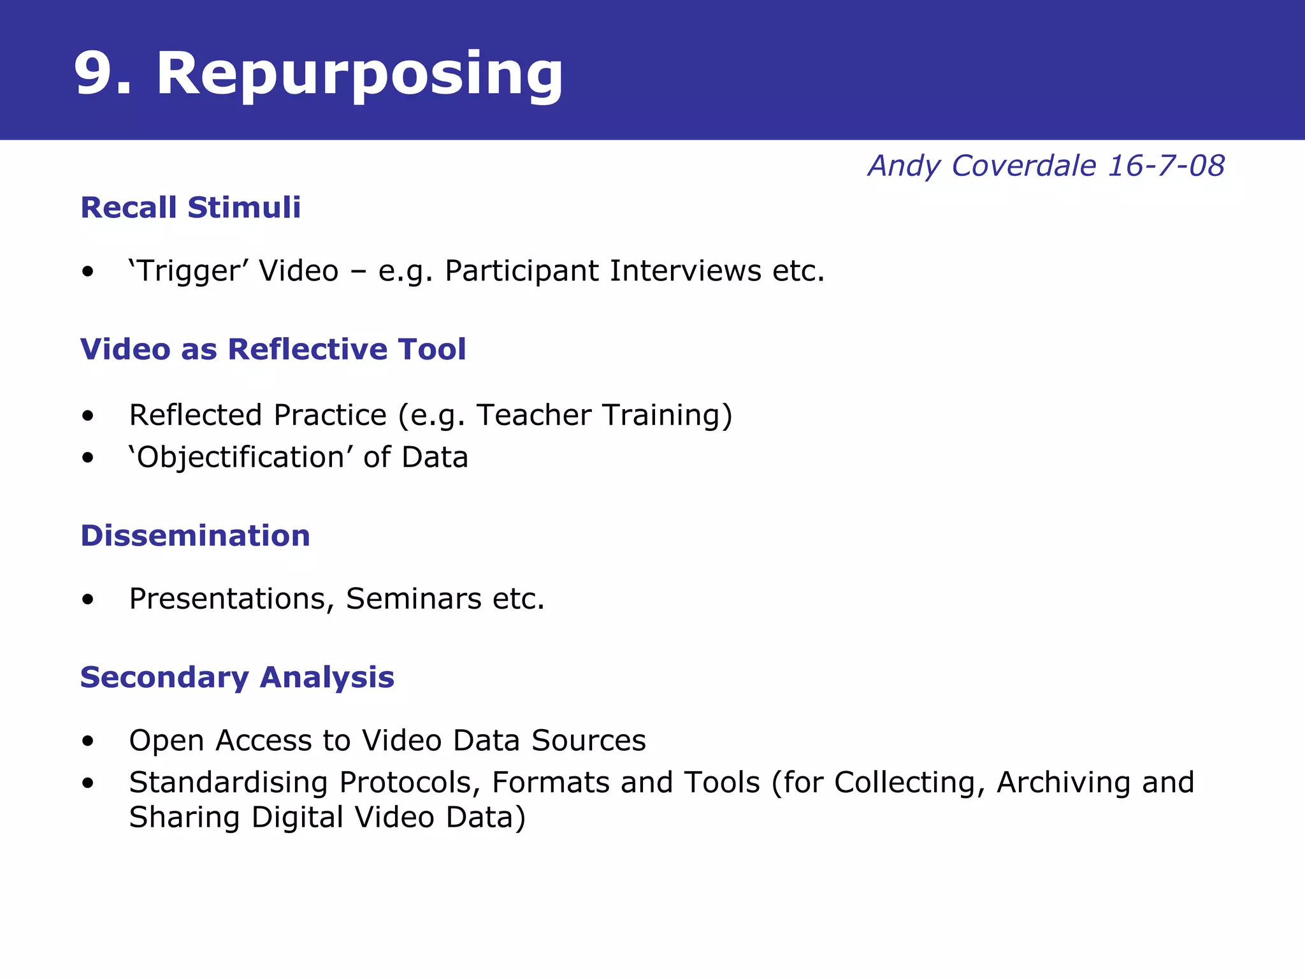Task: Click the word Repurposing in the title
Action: pyautogui.click(x=359, y=74)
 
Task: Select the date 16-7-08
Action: pyautogui.click(x=1165, y=166)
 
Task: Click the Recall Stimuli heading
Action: pyautogui.click(x=191, y=208)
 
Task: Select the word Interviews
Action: pyautogui.click(x=685, y=271)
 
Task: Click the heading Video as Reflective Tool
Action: pyautogui.click(x=273, y=349)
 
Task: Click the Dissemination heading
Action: pyautogui.click(x=195, y=535)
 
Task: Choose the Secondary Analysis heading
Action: pyautogui.click(x=237, y=677)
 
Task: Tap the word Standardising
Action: pyautogui.click(x=229, y=783)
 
